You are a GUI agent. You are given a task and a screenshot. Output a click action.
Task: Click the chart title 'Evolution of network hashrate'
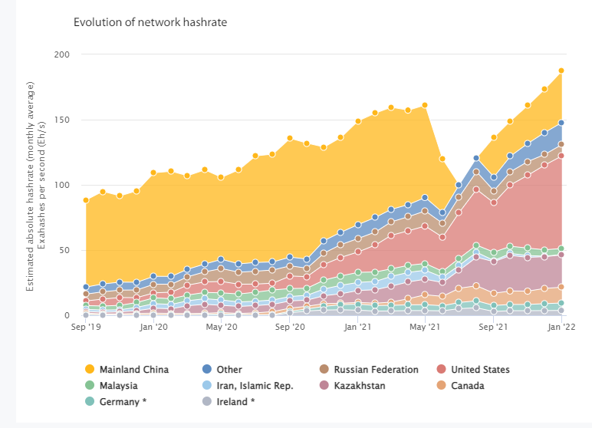coord(150,22)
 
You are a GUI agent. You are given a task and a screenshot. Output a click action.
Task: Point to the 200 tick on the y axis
coord(62,55)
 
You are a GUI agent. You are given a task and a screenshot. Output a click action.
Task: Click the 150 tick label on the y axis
coord(62,120)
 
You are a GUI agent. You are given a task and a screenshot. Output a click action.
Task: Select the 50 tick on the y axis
coord(65,251)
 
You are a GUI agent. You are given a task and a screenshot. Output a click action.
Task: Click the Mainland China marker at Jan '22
coord(562,71)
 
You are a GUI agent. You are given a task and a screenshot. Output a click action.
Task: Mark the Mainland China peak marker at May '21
coord(425,105)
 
